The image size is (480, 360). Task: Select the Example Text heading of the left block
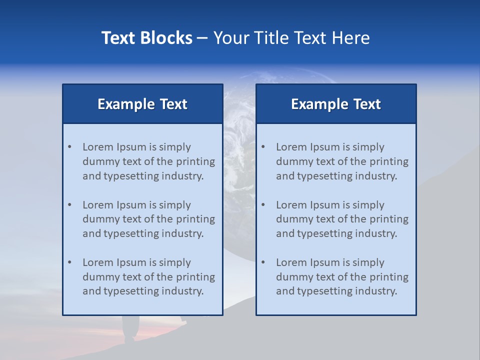pos(142,104)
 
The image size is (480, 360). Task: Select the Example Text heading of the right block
pos(336,104)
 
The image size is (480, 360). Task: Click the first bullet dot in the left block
pos(70,147)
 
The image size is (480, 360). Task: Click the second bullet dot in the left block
pos(70,205)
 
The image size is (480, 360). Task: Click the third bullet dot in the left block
pos(70,262)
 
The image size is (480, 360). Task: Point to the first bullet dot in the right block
pos(263,147)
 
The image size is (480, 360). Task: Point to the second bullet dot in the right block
pos(263,205)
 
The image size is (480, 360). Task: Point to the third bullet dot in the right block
pos(263,262)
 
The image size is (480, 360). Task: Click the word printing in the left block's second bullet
pos(196,219)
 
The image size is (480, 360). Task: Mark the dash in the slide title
pos(203,38)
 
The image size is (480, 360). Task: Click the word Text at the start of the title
pos(118,38)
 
